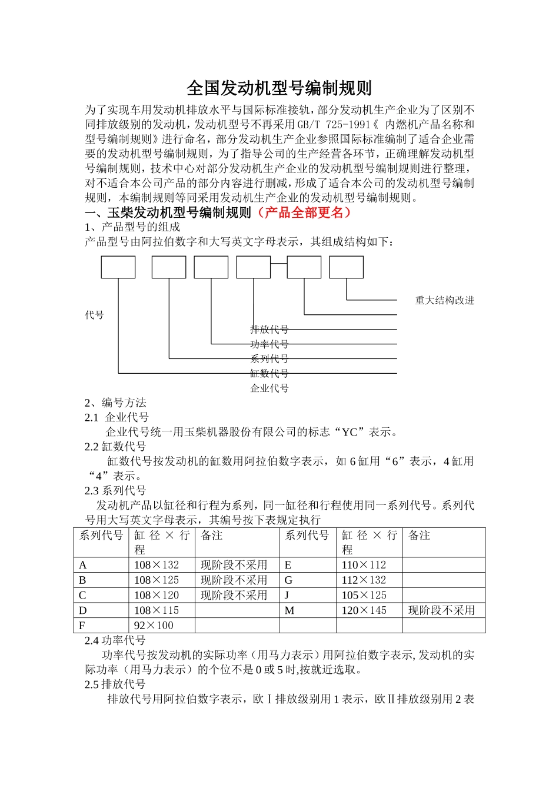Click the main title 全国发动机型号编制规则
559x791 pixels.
point(279,88)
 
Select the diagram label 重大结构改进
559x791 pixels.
point(444,300)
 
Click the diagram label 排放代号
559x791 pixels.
point(269,330)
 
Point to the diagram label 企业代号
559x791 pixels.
point(269,388)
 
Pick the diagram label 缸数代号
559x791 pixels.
point(269,373)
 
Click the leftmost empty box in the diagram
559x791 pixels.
point(118,267)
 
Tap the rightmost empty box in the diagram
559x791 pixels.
point(346,267)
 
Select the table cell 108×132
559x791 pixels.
point(157,565)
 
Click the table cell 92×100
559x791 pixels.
point(154,626)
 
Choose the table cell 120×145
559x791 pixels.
point(364,610)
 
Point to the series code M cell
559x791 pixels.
point(290,610)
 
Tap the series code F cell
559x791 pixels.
point(82,626)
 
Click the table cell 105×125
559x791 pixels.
point(364,595)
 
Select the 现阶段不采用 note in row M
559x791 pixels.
point(441,610)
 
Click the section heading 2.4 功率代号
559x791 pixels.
point(115,640)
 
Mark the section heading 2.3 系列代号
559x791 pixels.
point(115,491)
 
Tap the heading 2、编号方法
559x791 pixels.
point(115,403)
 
